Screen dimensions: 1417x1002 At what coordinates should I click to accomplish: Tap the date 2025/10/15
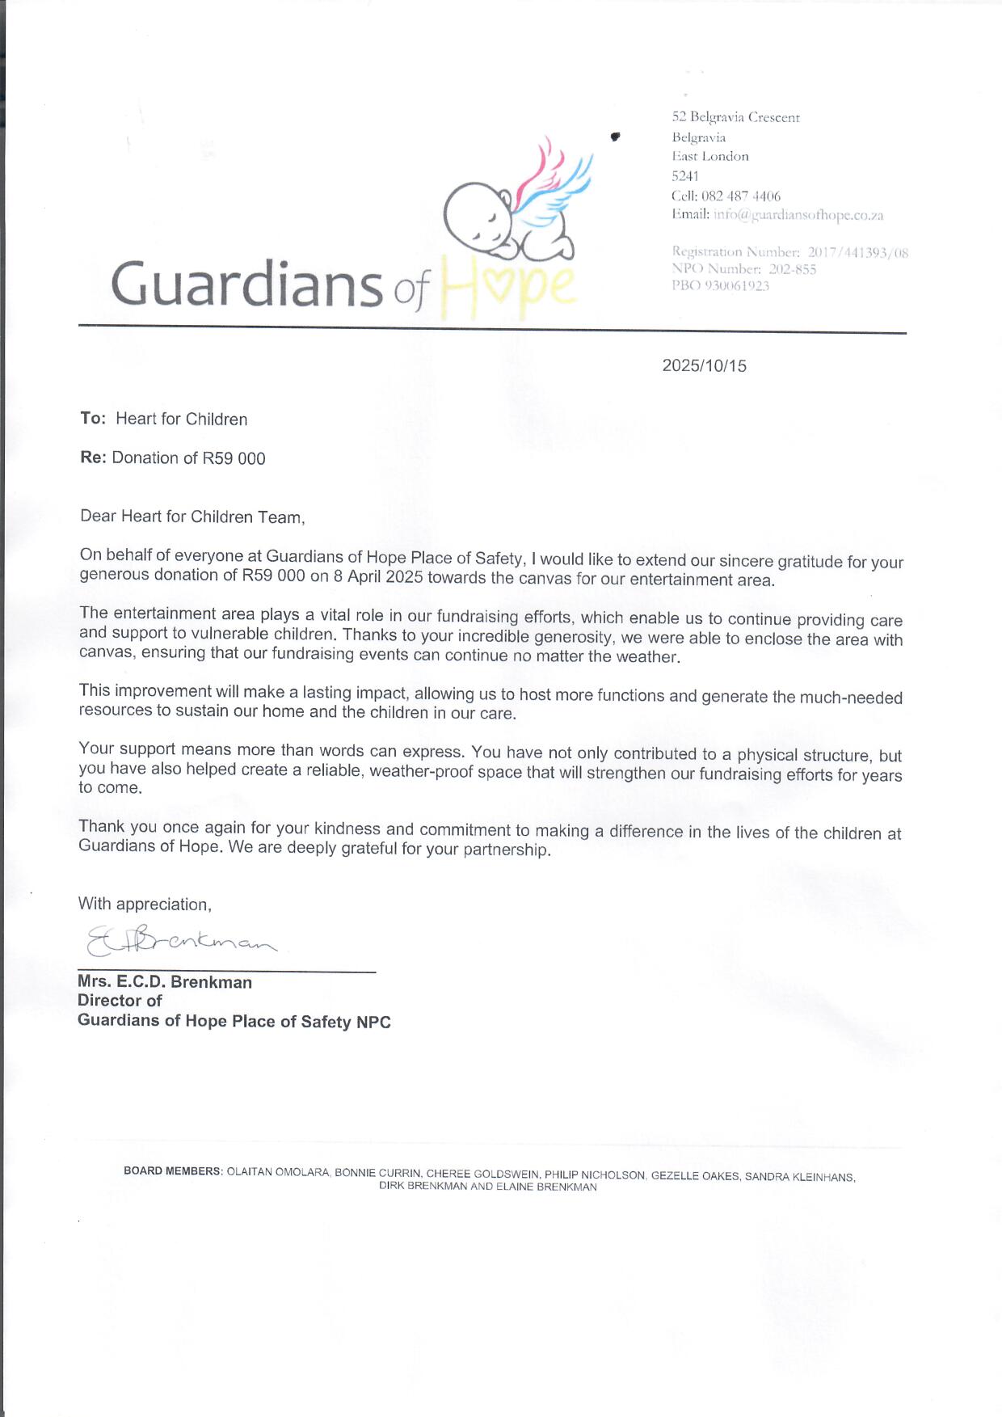click(x=704, y=365)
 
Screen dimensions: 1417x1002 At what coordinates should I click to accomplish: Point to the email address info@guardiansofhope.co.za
click(x=798, y=215)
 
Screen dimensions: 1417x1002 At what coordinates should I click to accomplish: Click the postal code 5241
click(x=685, y=175)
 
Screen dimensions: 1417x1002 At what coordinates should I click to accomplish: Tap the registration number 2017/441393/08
click(x=857, y=252)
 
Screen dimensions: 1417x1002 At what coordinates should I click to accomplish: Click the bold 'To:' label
click(x=93, y=418)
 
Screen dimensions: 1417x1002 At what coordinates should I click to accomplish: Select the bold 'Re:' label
click(x=93, y=458)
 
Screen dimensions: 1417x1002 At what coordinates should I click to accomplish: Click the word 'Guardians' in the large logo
click(x=246, y=285)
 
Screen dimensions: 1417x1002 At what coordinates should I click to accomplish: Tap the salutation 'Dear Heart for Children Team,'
click(x=192, y=517)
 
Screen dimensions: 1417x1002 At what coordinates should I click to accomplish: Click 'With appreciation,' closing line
click(x=145, y=904)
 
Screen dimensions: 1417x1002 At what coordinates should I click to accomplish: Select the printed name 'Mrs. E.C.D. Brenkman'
click(x=165, y=982)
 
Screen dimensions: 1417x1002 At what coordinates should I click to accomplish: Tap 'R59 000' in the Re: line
click(x=234, y=458)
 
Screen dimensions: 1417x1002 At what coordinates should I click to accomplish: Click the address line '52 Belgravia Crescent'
click(x=735, y=117)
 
